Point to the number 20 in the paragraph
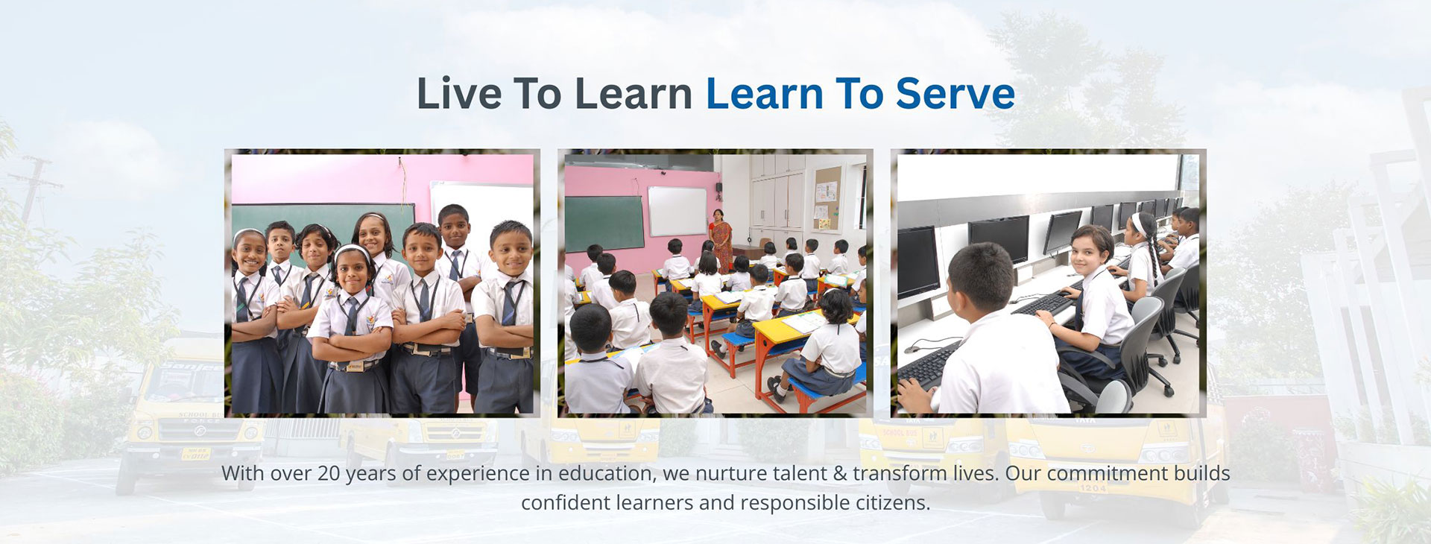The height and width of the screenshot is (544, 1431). [328, 473]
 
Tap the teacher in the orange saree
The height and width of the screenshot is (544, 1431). [721, 238]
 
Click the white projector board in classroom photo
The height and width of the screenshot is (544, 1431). [677, 211]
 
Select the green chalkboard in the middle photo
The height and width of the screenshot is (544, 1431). [604, 223]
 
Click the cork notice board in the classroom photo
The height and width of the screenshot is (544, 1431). [827, 197]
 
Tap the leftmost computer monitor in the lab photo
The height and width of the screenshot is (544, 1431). [917, 261]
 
